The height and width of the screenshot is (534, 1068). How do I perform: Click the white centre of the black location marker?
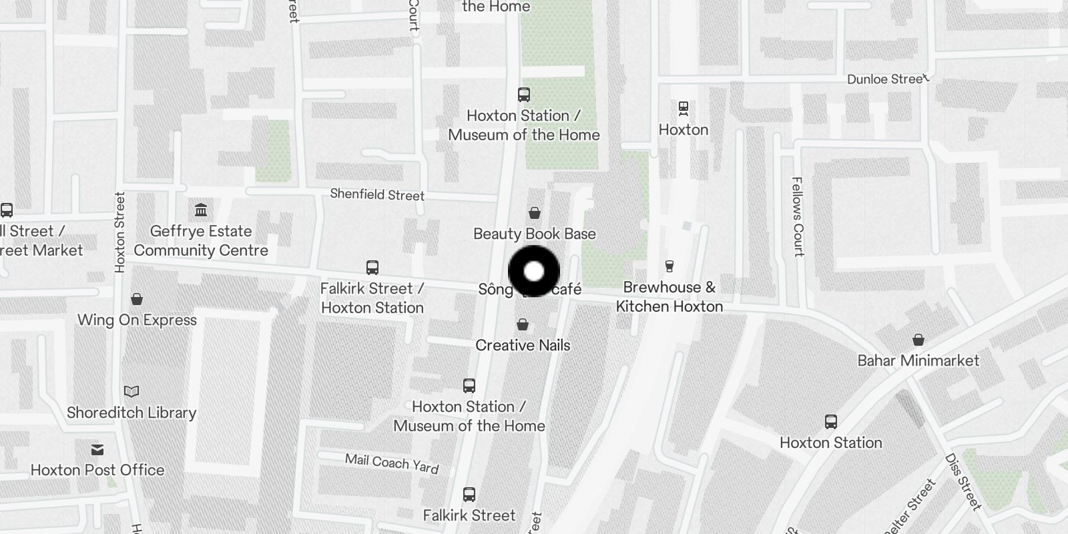point(534,272)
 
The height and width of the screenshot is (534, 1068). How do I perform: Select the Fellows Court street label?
point(797,216)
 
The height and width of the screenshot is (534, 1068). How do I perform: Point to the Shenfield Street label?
point(377,195)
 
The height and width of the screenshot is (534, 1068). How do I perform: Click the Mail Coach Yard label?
point(392,463)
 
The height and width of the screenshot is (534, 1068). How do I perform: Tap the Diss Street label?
point(963,482)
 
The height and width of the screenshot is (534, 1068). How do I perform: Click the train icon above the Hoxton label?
point(683,107)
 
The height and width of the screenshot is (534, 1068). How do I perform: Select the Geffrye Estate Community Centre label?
point(201,241)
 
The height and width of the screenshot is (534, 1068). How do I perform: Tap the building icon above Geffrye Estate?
point(201,211)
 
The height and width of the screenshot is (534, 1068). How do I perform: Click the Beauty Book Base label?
point(534,234)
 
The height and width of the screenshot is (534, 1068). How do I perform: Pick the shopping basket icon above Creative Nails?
point(523,324)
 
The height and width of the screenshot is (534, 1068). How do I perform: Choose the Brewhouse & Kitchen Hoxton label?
point(669,297)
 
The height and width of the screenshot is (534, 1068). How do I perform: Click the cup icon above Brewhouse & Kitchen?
point(669,266)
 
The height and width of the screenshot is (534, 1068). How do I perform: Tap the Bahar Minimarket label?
point(918,360)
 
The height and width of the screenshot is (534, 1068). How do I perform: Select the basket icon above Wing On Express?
point(137,298)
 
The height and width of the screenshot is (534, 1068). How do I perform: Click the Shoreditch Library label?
point(131,413)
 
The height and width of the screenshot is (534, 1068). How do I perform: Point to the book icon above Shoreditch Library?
point(131,391)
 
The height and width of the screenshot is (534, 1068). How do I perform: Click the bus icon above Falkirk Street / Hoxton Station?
point(372,268)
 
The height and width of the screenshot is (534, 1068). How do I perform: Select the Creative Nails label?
point(523,345)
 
